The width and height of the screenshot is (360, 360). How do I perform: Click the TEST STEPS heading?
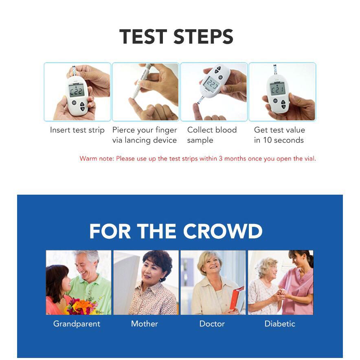click(176, 36)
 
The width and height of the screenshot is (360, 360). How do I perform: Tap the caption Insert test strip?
click(77, 130)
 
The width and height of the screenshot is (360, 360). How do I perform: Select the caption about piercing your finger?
click(145, 135)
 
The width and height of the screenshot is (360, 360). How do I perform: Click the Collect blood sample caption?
click(212, 135)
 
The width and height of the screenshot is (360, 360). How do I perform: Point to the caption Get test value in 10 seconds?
click(279, 135)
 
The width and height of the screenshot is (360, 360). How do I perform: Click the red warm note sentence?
click(198, 159)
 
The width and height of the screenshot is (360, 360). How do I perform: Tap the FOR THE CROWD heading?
click(176, 231)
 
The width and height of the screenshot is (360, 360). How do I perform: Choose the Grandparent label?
click(77, 324)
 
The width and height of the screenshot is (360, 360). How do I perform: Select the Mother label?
click(145, 324)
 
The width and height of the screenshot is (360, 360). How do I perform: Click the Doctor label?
click(212, 324)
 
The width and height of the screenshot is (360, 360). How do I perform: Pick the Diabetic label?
click(280, 324)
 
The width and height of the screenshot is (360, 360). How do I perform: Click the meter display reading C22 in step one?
click(76, 91)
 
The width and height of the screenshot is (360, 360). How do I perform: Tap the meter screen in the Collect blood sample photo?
click(211, 83)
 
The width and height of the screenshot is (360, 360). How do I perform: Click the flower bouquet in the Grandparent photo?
click(81, 306)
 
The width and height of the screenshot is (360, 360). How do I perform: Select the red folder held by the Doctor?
click(237, 299)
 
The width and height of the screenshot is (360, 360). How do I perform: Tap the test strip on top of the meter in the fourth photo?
click(274, 70)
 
